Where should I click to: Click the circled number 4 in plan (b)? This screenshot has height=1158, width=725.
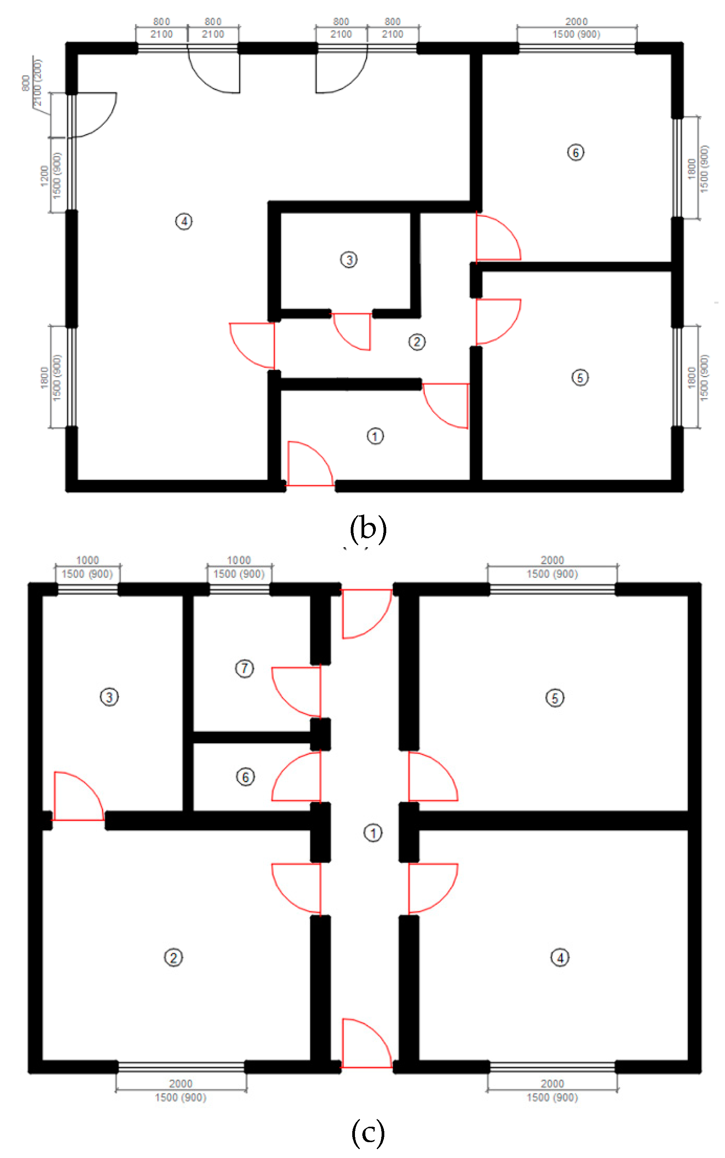coord(184,221)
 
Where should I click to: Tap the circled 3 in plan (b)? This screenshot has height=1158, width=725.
coord(348,260)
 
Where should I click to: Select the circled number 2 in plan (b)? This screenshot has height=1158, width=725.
coord(417,342)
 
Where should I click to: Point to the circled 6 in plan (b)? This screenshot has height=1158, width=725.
coord(576,153)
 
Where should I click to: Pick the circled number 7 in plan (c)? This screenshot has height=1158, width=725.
coord(244,668)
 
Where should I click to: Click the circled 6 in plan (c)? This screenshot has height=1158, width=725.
coord(246,777)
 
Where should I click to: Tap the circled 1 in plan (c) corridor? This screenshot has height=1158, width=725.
coord(373,833)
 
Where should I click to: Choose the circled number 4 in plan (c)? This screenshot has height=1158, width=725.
coord(560,957)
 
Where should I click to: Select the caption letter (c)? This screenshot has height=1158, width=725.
coord(368,1132)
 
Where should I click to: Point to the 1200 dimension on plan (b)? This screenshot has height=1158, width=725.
coord(44,176)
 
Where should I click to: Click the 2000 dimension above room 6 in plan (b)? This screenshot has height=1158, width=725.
coord(576,22)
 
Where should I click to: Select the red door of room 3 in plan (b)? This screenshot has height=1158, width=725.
coord(351,332)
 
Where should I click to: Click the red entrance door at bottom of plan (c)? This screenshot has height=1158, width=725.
coord(367,1043)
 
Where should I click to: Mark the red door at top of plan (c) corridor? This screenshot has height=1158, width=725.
coord(367,614)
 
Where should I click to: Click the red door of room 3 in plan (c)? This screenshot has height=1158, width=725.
coord(78,796)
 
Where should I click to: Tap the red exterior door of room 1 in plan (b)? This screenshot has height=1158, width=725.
coord(310,464)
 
